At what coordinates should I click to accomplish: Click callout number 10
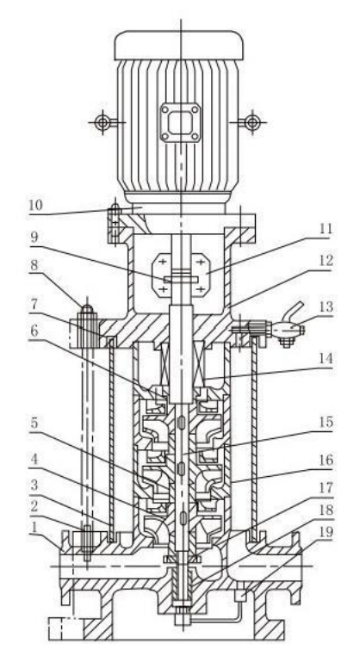[35, 206]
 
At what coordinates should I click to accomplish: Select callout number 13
[326, 306]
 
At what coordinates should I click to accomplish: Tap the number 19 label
[326, 532]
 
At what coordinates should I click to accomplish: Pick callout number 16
[326, 460]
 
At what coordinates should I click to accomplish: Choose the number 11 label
[326, 229]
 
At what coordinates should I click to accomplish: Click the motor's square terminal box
[180, 122]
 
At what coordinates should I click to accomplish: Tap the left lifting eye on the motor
[102, 122]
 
